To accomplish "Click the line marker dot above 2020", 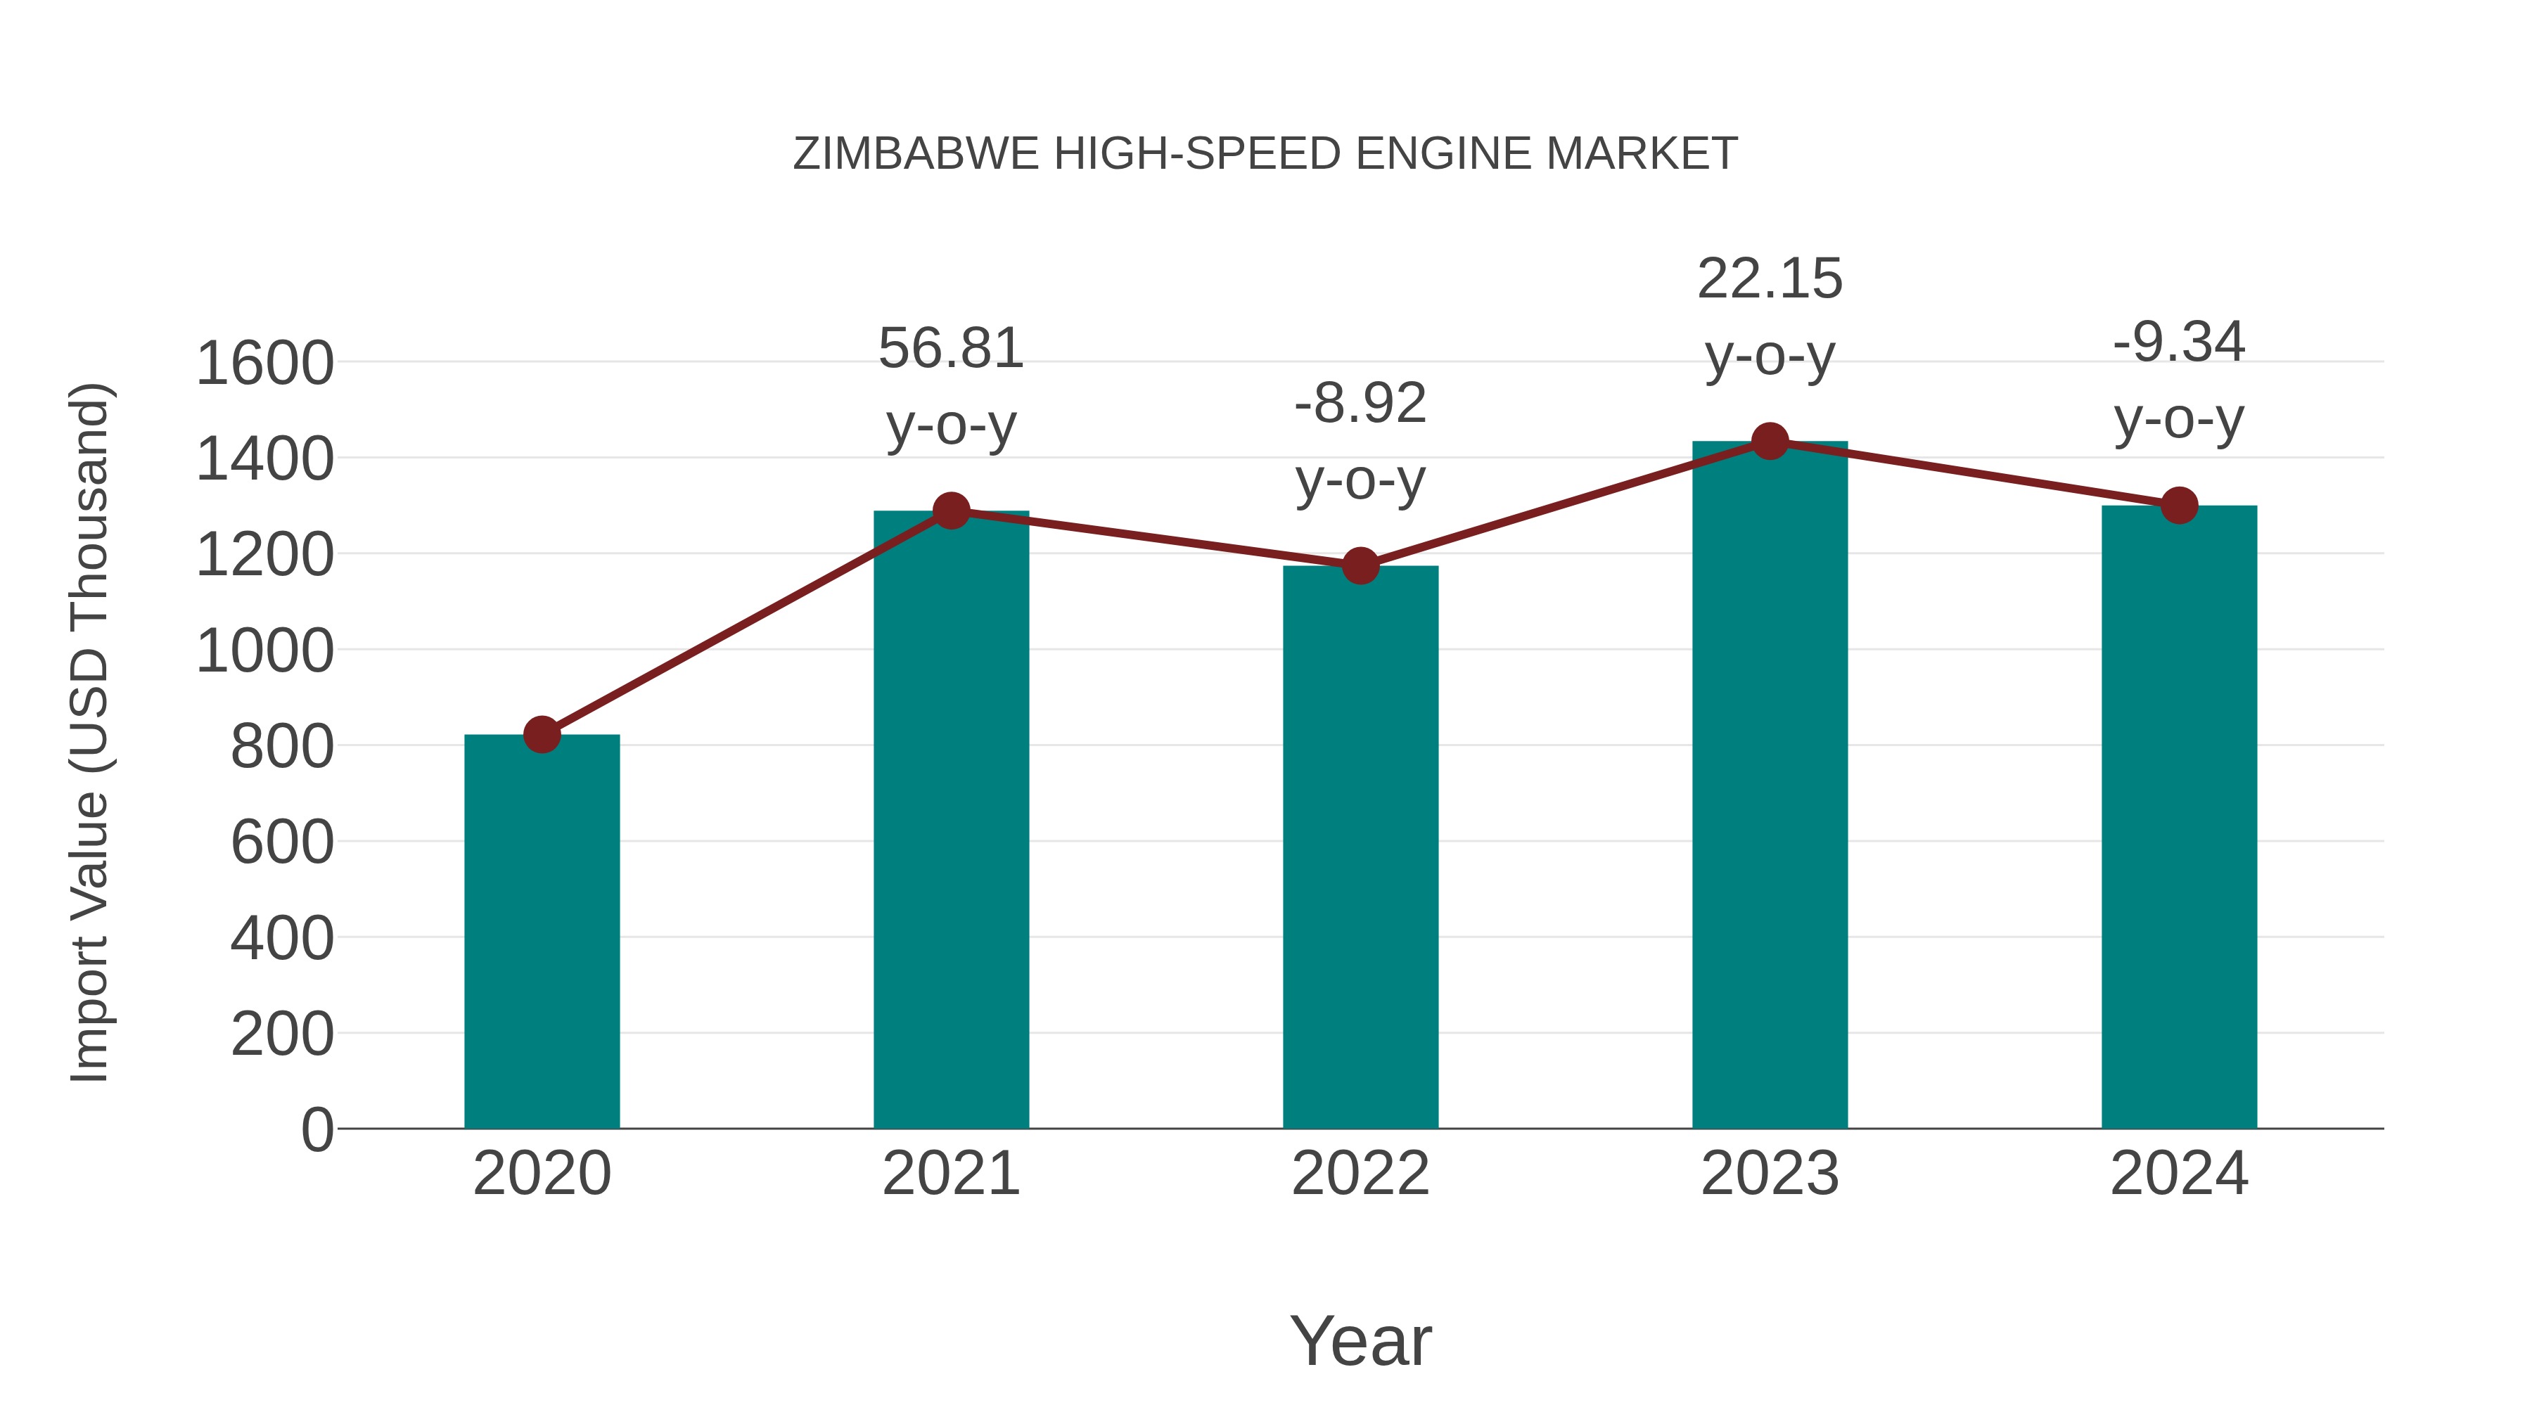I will coord(542,734).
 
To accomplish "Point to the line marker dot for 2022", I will coord(1360,566).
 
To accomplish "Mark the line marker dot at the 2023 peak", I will coord(1770,441).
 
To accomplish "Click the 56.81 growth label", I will coord(950,349).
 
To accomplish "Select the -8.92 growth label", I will coord(1360,404).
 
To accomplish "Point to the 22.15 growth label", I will coord(1770,279).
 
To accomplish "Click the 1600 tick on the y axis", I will coord(264,364).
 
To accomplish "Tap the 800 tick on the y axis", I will coord(282,747).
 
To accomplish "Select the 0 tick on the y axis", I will coord(317,1130).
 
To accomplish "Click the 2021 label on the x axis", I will coord(950,1174).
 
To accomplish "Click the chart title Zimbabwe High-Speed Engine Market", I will coord(1265,154).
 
